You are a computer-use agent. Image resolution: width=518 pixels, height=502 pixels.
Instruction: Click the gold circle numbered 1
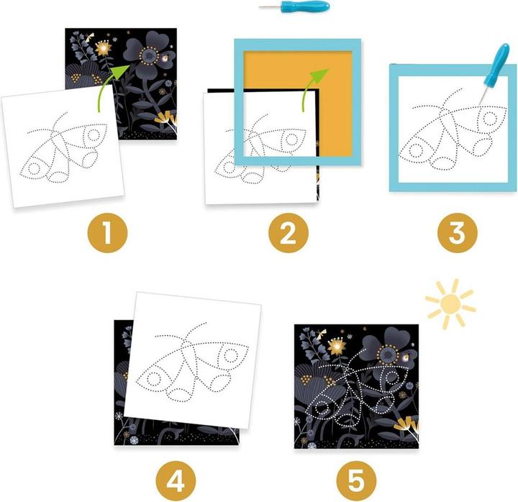[107, 233]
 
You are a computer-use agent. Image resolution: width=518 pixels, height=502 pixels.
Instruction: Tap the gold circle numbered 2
[288, 233]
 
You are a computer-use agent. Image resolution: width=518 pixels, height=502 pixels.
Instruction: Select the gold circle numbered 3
[458, 233]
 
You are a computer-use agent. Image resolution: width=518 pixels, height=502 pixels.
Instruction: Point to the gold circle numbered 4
[176, 481]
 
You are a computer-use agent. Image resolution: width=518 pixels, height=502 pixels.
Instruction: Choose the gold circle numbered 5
[356, 481]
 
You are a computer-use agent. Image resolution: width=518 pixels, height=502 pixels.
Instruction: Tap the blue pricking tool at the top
[294, 6]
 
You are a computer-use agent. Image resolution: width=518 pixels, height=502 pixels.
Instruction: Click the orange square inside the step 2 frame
[298, 103]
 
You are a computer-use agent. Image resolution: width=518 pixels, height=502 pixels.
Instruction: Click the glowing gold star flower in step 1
[104, 49]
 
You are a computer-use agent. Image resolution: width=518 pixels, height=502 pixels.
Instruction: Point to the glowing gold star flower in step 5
[336, 347]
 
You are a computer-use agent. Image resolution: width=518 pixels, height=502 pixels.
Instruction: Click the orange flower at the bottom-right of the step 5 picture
[409, 426]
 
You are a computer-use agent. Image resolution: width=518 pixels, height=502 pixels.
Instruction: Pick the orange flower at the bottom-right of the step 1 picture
[167, 119]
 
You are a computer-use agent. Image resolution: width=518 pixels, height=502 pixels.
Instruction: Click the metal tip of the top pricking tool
[269, 7]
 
